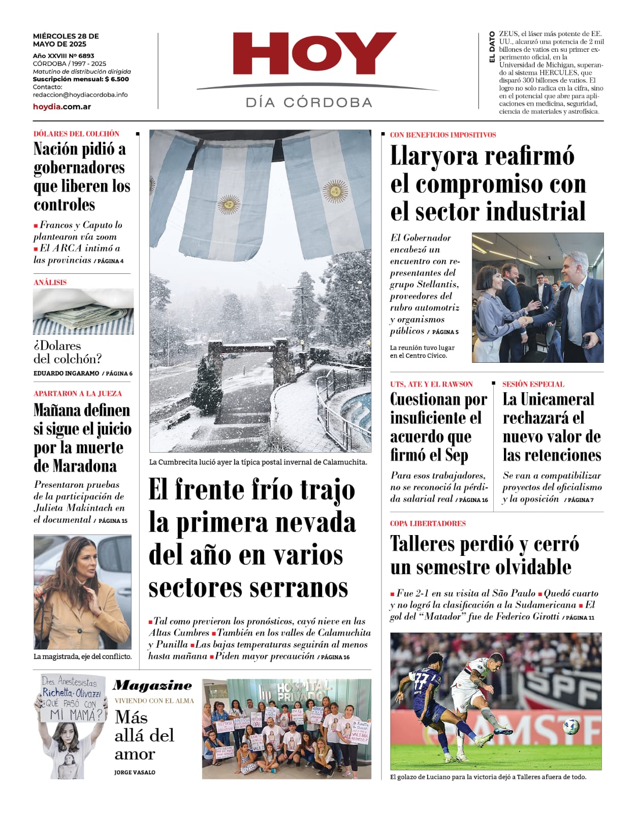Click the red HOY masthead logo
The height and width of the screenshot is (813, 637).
click(314, 54)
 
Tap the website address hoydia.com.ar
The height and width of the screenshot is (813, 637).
click(62, 107)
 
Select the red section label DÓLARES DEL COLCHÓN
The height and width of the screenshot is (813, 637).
click(76, 134)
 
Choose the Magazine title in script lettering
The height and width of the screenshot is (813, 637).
click(152, 685)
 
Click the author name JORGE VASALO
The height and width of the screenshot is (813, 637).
click(135, 772)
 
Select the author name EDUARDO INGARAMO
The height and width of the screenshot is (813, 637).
click(66, 373)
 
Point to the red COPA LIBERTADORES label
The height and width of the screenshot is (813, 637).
click(428, 523)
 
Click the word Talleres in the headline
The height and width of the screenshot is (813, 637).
click(422, 544)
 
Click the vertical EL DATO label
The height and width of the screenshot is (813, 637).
click(491, 47)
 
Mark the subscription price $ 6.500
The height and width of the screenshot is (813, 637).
click(117, 79)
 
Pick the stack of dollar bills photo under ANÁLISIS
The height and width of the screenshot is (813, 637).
click(83, 311)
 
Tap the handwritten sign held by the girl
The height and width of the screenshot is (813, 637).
click(73, 699)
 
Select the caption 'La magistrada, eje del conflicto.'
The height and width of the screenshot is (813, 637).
click(82, 656)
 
